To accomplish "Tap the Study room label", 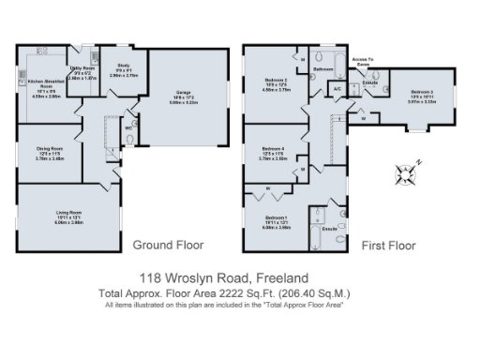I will tap(122, 67).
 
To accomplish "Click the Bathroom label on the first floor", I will tap(323, 70).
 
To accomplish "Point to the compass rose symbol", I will tap(405, 172).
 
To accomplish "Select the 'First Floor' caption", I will tap(388, 246).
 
